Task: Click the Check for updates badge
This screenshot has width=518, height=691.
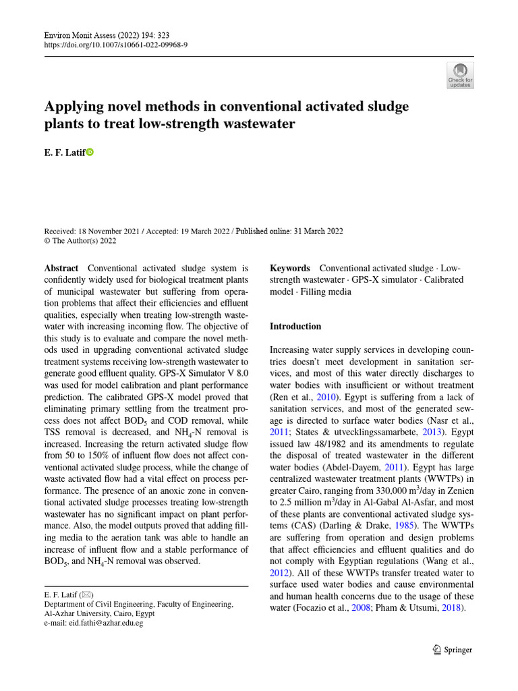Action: (461, 76)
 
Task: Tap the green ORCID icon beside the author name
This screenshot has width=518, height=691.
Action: (90, 153)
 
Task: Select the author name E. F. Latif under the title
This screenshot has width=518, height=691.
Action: (65, 153)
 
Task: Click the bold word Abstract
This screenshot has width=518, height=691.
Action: (61, 268)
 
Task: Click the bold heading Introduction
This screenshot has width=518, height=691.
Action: (295, 326)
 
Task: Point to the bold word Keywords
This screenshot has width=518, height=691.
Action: (290, 268)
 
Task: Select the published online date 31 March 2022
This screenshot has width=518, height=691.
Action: (318, 231)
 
